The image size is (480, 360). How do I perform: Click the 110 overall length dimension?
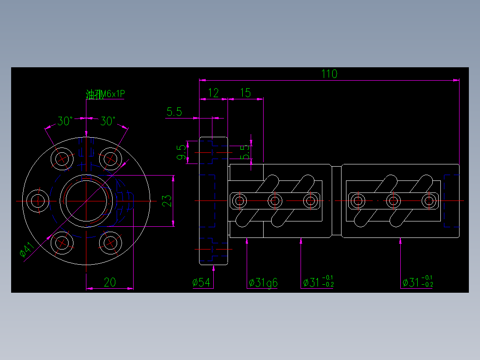point(329,74)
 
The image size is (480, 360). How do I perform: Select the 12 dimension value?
point(214,93)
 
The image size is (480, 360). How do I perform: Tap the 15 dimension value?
point(245,93)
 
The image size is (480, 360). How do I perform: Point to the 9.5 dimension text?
point(181,152)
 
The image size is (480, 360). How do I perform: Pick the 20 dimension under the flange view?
point(110,282)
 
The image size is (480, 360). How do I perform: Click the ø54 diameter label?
point(202,282)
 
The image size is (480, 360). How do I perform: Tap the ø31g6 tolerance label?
point(263,282)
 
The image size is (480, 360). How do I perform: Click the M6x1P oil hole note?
point(106,94)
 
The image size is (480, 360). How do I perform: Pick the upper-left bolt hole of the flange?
point(61,158)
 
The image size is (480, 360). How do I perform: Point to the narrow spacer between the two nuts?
point(337,200)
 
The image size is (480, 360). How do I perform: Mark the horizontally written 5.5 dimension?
point(174,112)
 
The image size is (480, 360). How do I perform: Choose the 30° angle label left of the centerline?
point(65,121)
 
